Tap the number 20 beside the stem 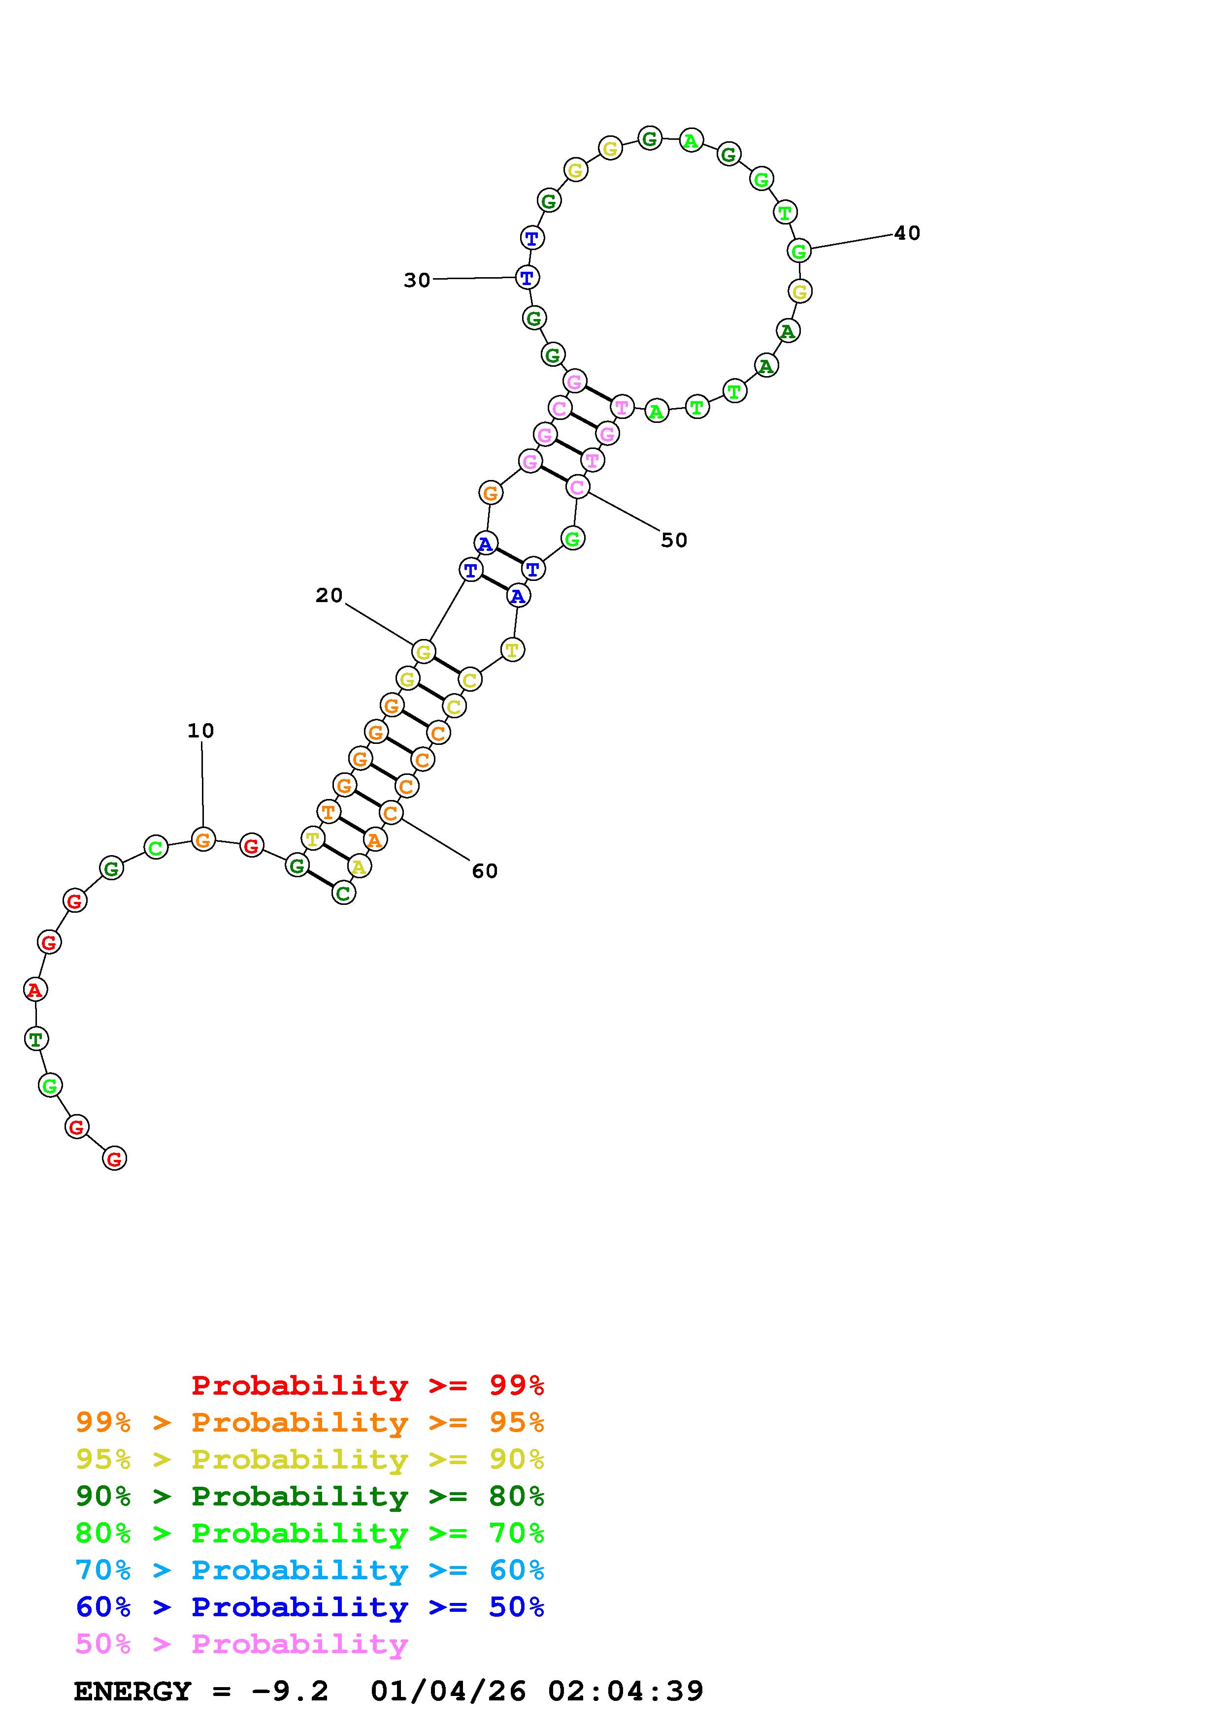tap(329, 596)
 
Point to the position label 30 tap(417, 281)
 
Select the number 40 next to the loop tap(907, 233)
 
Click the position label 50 tap(674, 540)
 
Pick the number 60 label tap(485, 871)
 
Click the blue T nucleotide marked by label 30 tap(528, 278)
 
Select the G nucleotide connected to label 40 tap(799, 251)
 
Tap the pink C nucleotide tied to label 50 tap(577, 487)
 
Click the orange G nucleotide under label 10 tap(202, 839)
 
